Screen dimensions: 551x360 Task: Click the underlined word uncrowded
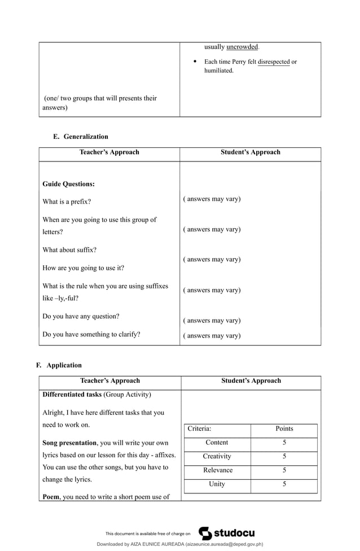242,47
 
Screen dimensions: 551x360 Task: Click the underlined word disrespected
273,62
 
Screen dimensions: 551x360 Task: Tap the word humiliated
218,71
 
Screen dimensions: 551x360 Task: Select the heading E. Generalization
80,137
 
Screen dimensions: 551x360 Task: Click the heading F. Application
59,365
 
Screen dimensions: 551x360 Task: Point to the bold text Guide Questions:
69,184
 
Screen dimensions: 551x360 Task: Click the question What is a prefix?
67,202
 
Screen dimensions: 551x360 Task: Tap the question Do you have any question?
81,316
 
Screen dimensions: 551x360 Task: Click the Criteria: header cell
199,428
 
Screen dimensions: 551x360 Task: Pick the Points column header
284,428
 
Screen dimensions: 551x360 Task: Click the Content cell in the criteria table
217,443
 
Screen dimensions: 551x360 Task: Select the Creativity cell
217,456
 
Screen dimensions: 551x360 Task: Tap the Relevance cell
217,470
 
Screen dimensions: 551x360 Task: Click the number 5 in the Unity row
284,484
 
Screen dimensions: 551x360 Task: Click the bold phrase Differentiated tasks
72,394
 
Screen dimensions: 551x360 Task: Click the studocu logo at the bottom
227,533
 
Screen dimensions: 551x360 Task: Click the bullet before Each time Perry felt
195,62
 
